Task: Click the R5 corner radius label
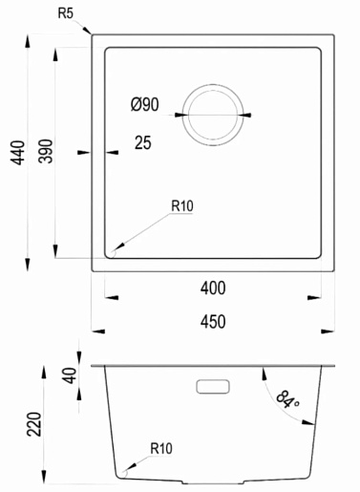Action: (x=66, y=13)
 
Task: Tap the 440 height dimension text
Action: (x=18, y=153)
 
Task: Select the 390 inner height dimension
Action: (x=46, y=151)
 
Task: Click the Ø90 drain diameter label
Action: (x=145, y=104)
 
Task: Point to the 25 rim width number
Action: (x=143, y=142)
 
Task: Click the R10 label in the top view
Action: (x=182, y=206)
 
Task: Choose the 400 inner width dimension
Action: (x=213, y=289)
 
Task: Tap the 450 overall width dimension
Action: (x=213, y=322)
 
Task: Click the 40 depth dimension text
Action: (x=71, y=375)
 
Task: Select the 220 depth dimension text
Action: (x=34, y=424)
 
